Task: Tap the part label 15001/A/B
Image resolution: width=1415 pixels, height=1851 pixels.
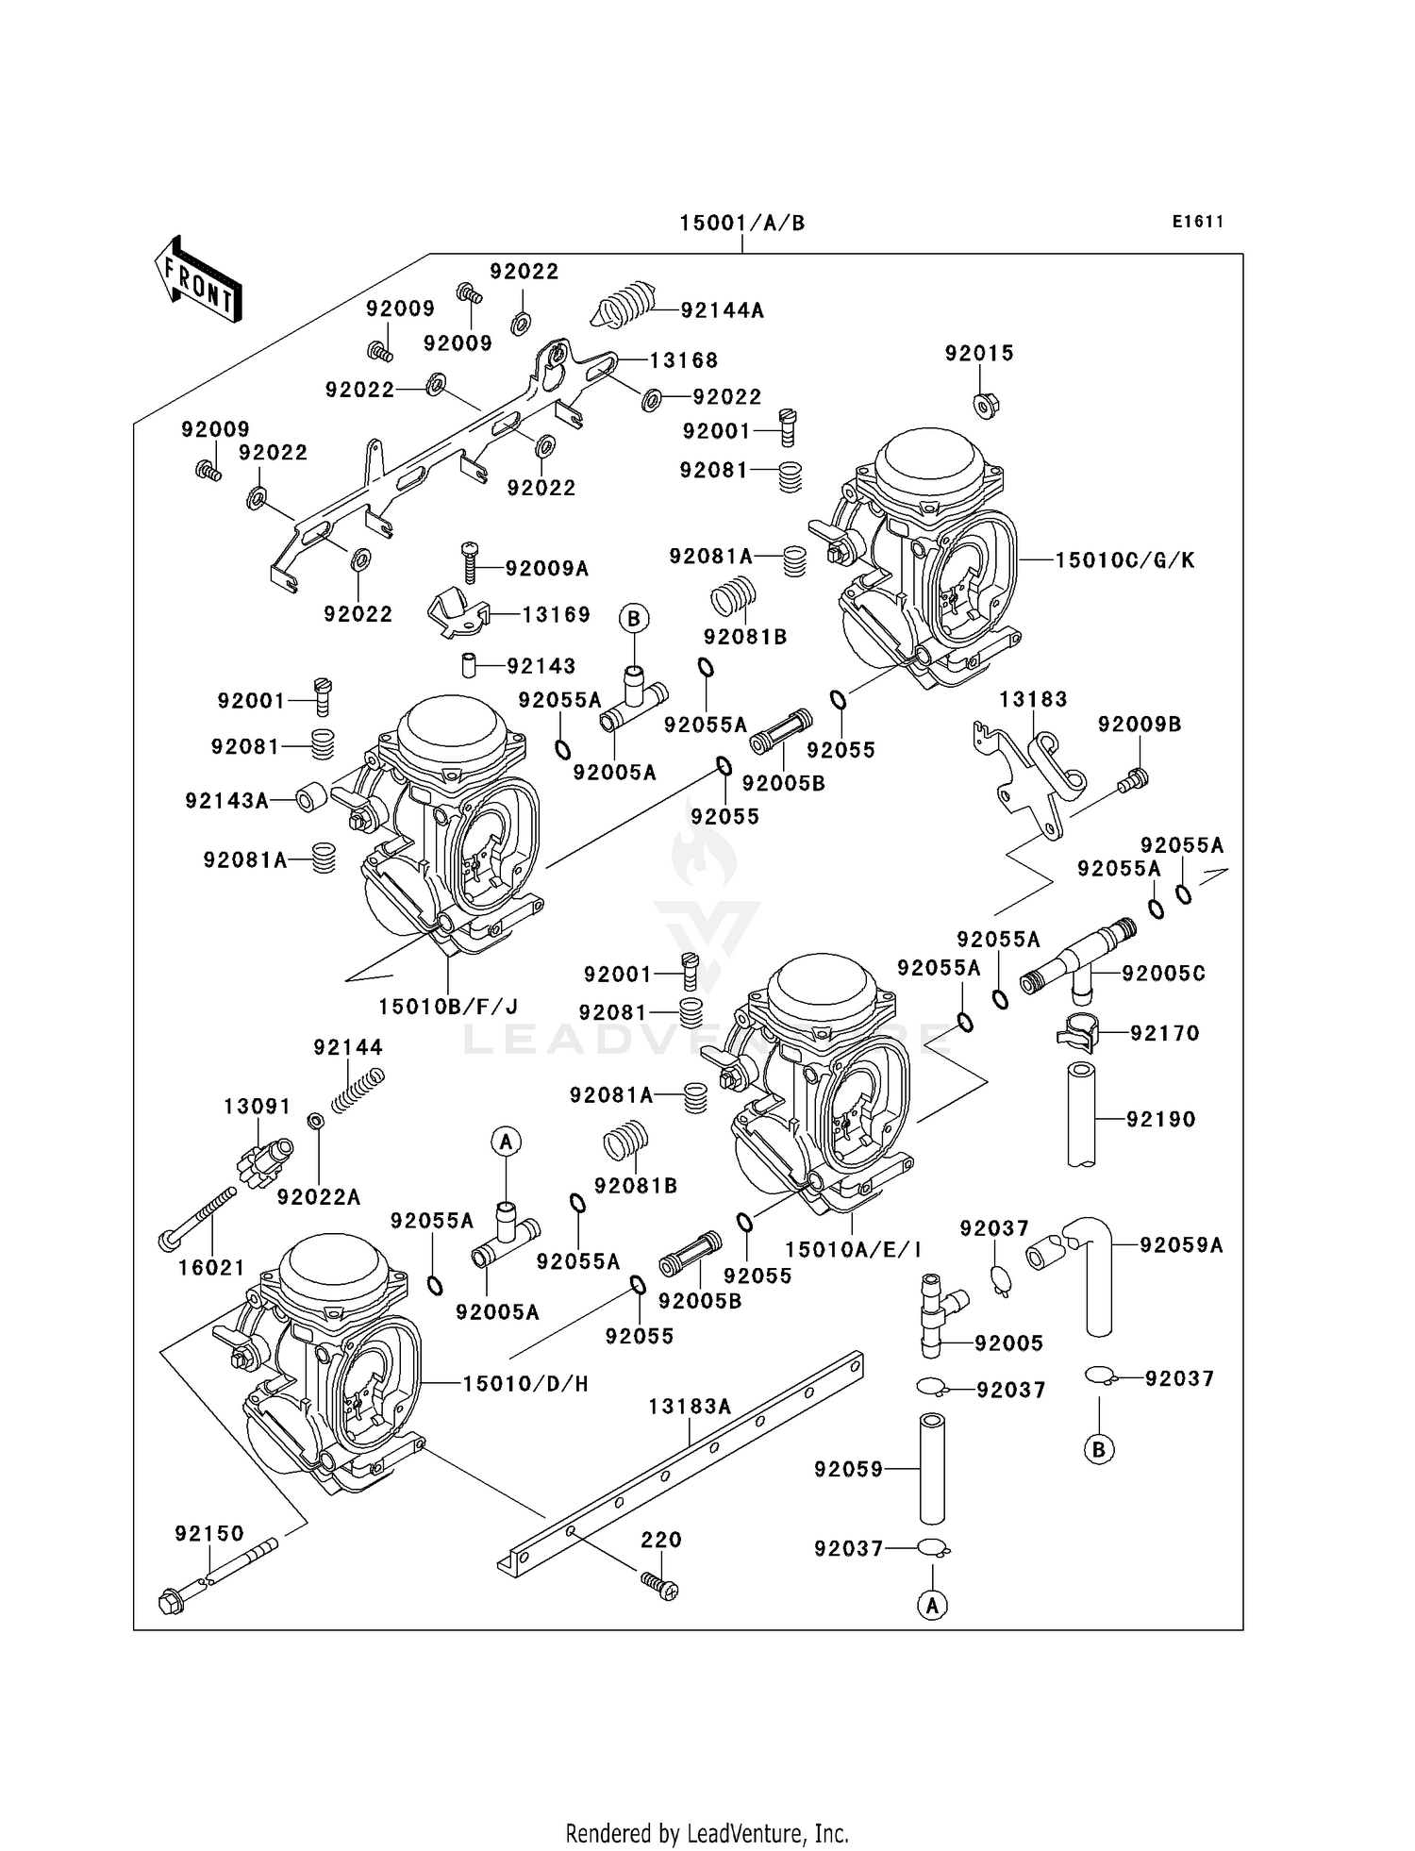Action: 742,224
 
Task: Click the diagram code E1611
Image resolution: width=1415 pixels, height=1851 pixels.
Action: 1198,222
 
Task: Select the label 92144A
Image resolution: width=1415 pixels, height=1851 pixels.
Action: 722,310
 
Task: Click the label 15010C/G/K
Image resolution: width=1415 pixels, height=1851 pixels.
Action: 1124,560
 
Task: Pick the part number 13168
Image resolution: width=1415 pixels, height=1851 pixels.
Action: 684,360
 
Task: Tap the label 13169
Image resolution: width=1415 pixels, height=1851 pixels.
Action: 557,615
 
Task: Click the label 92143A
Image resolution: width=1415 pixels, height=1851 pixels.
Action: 226,801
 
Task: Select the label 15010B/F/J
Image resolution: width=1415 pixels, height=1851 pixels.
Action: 449,1007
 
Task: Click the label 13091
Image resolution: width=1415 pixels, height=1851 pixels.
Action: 258,1106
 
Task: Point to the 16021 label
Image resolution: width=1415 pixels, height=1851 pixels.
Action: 211,1268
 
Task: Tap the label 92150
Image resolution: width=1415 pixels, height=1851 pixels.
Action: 209,1534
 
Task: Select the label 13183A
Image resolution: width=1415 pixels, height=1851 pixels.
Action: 690,1407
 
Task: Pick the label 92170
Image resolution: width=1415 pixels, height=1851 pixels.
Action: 1165,1033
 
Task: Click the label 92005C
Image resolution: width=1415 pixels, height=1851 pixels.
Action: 1163,973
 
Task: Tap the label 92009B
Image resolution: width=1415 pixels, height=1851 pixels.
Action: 1140,725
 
